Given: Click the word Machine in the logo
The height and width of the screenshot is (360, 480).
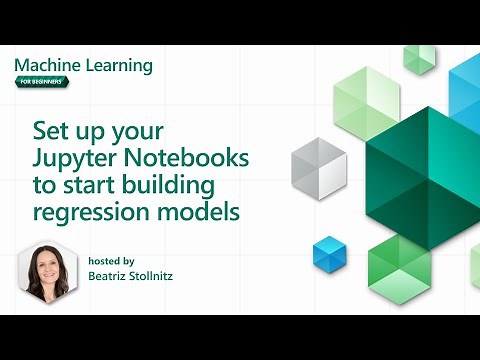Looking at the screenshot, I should click(46, 65).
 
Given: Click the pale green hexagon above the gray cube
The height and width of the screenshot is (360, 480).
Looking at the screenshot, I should click(359, 102).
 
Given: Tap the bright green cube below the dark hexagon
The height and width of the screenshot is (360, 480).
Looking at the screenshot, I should click(397, 262).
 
